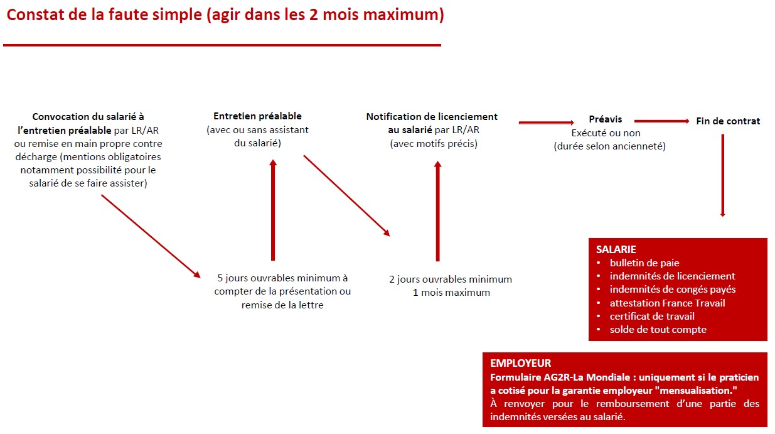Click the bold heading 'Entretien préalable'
click(257, 116)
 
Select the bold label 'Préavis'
click(605, 119)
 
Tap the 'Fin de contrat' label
click(728, 121)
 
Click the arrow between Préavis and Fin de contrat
click(661, 121)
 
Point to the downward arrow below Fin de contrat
click(722, 176)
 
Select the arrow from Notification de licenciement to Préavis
click(546, 122)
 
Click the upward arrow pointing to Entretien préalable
click(272, 210)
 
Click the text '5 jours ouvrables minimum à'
click(282, 278)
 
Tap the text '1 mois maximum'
click(451, 293)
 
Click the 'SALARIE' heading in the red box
click(616, 249)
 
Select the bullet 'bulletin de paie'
click(644, 263)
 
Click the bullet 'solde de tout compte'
click(658, 329)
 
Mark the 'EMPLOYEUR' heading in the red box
click(520, 363)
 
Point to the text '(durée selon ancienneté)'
click(609, 146)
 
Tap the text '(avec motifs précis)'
click(433, 144)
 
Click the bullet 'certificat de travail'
click(652, 316)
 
